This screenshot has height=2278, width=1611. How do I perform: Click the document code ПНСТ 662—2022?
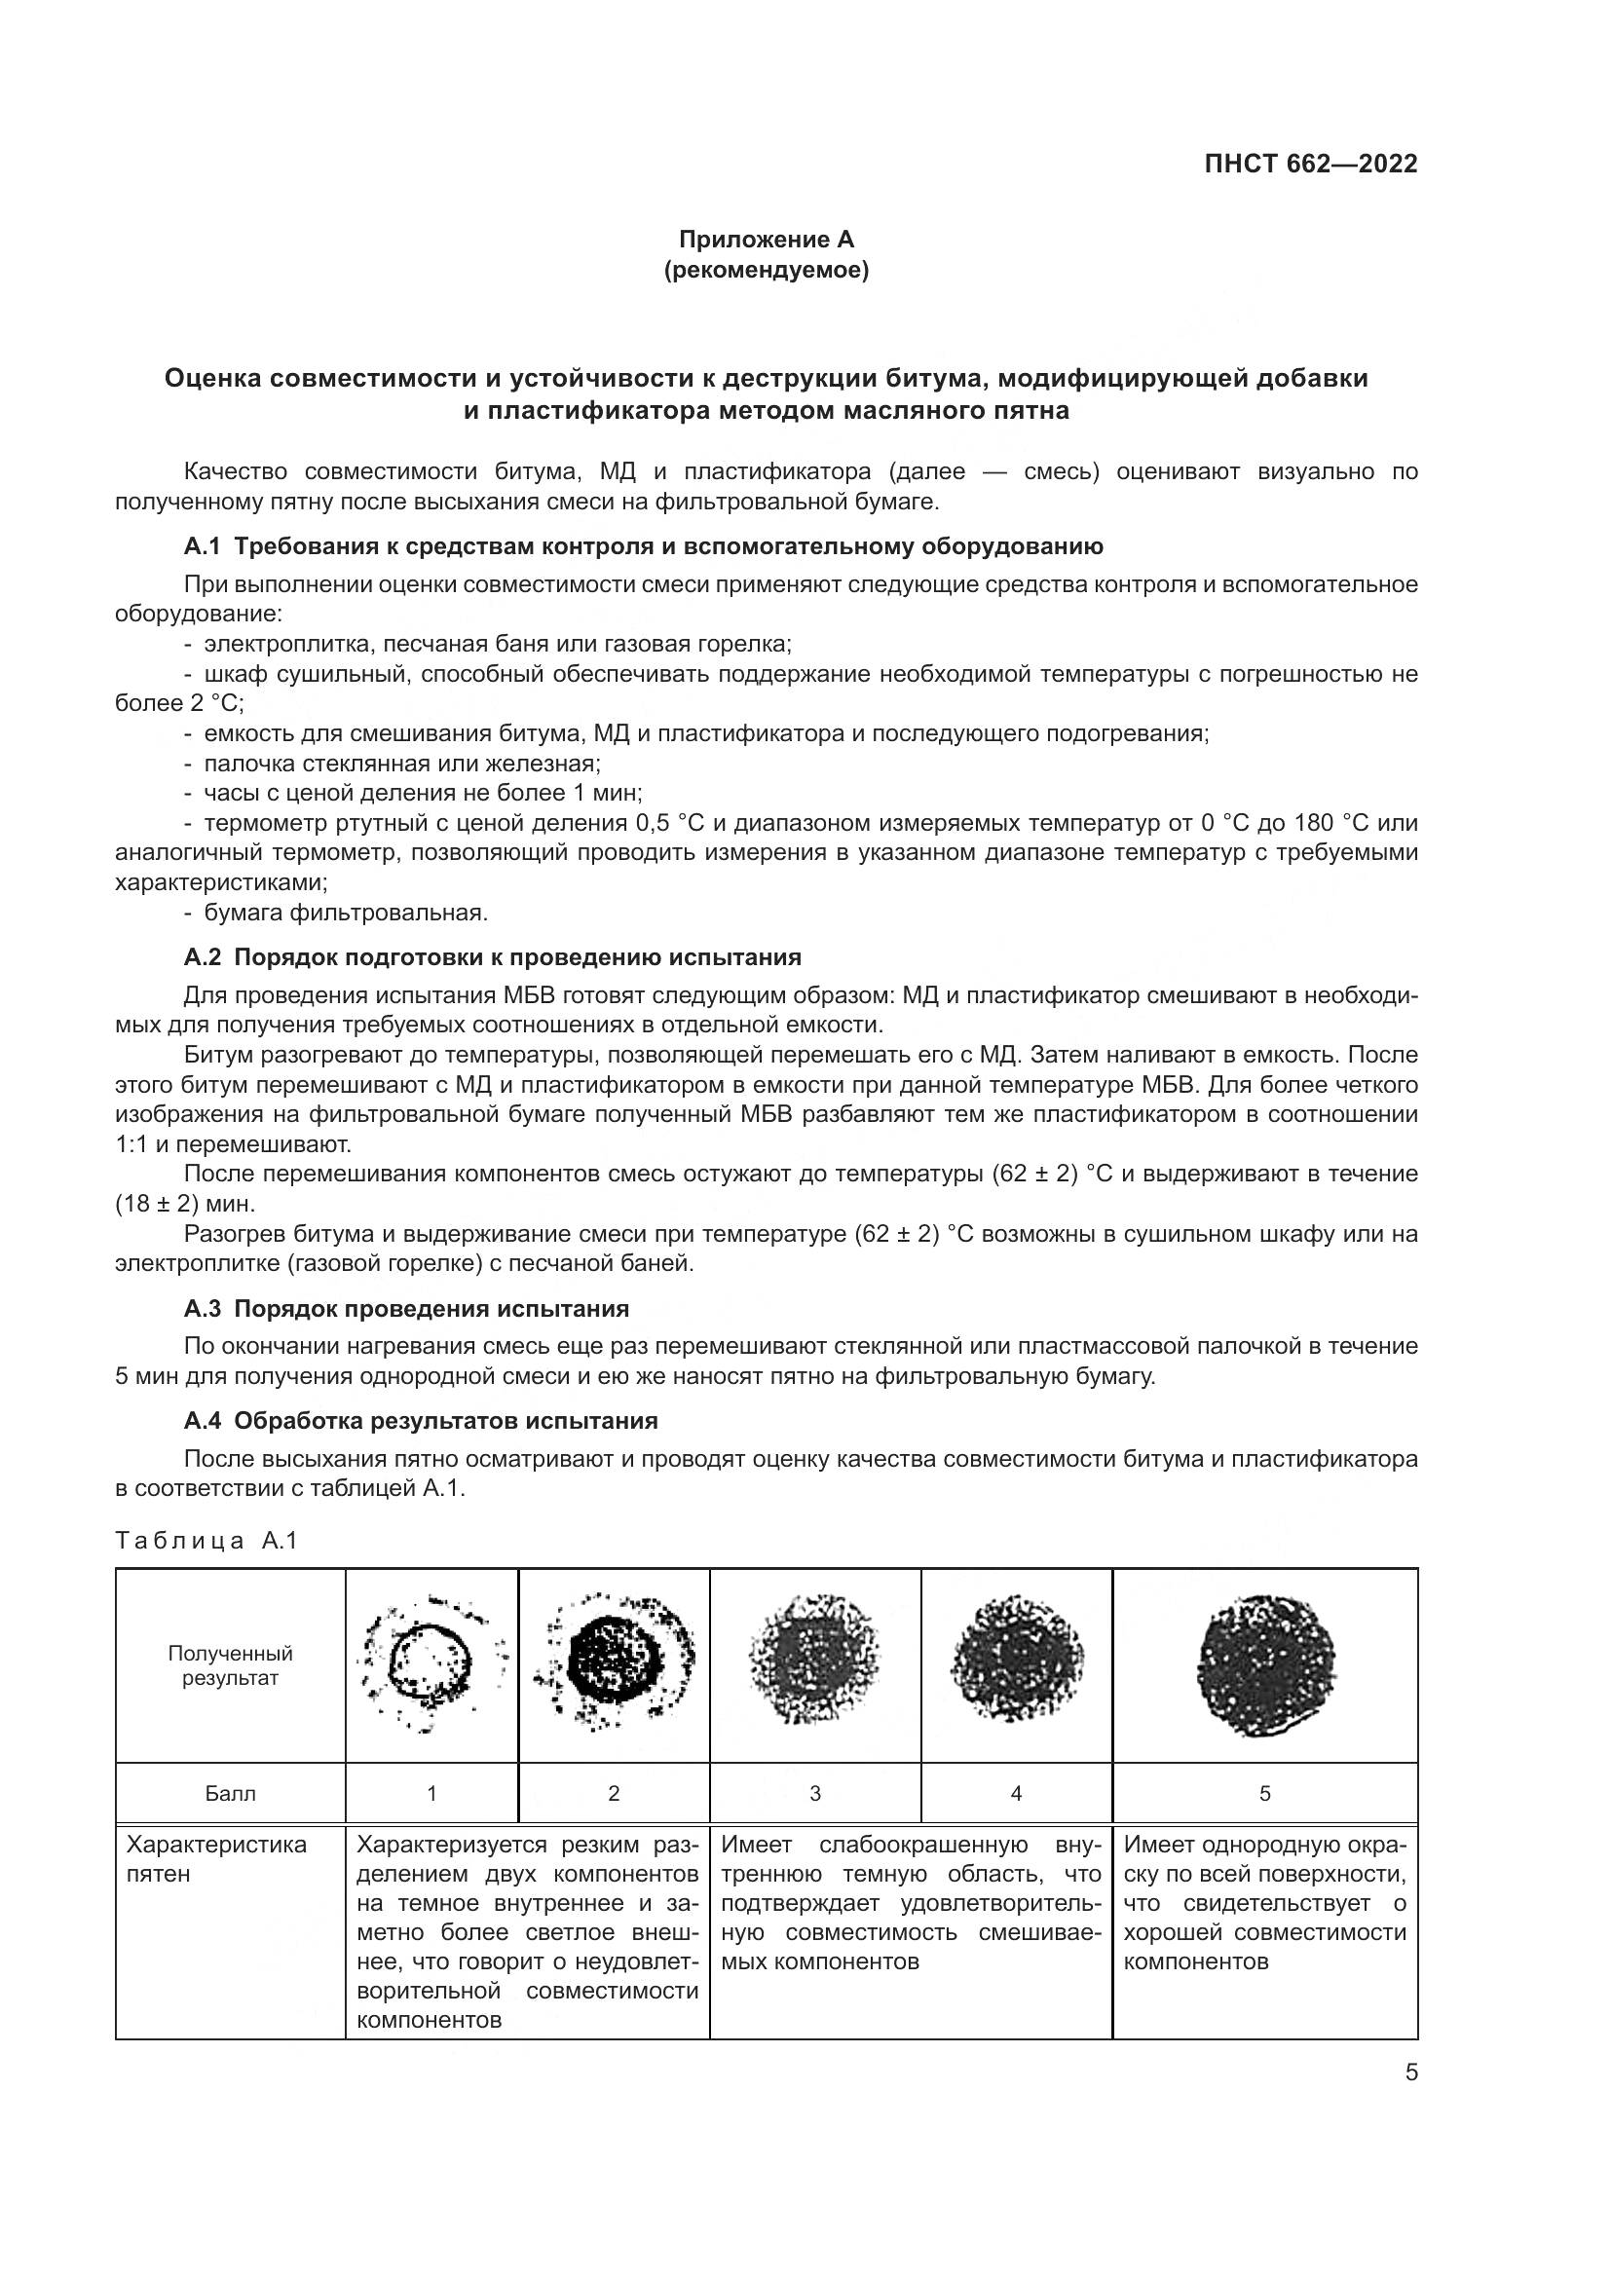[1310, 164]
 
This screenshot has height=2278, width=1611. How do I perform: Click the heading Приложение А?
[766, 240]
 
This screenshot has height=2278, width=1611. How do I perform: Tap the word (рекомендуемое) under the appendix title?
[766, 270]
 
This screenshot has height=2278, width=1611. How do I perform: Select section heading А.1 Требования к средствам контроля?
[643, 546]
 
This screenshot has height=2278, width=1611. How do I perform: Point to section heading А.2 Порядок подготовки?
[492, 957]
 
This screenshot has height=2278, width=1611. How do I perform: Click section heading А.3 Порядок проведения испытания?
[406, 1309]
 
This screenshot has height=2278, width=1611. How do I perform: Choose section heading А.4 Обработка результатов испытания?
[421, 1421]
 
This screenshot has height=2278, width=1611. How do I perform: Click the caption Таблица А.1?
[206, 1541]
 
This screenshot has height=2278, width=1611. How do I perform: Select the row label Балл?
[230, 1793]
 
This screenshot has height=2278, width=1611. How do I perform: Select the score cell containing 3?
[814, 1793]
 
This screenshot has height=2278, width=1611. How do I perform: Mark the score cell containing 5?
[1265, 1793]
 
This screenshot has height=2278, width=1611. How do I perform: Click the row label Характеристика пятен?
[216, 1859]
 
